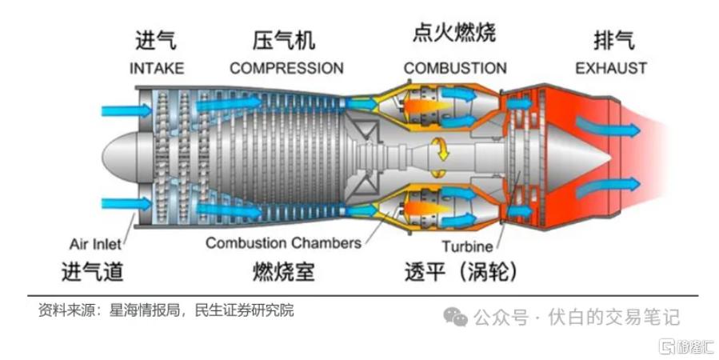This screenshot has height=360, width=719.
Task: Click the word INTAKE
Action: tap(157, 68)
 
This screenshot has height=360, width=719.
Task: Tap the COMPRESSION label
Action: tap(286, 68)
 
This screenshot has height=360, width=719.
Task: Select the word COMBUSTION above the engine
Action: tap(455, 68)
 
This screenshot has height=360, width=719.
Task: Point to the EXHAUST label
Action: tap(611, 68)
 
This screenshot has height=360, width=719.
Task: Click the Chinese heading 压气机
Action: tap(284, 40)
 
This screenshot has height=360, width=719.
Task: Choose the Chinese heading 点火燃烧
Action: tap(454, 34)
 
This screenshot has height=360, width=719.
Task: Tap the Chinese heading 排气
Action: tap(614, 40)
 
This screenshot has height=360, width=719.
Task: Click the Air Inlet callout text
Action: tap(95, 244)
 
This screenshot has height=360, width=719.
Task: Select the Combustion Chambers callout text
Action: tap(283, 242)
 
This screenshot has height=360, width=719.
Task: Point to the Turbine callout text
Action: tap(467, 246)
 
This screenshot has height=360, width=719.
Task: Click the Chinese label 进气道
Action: tap(93, 271)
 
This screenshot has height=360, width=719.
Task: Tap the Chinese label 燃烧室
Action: tap(284, 271)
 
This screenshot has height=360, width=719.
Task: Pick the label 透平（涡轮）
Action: tap(461, 271)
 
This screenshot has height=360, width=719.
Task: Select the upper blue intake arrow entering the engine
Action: tap(126, 110)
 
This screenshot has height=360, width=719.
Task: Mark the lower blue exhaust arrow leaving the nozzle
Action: tap(608, 187)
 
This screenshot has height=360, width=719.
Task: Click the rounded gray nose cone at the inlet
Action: tap(120, 156)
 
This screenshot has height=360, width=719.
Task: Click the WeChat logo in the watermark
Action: tap(455, 317)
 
